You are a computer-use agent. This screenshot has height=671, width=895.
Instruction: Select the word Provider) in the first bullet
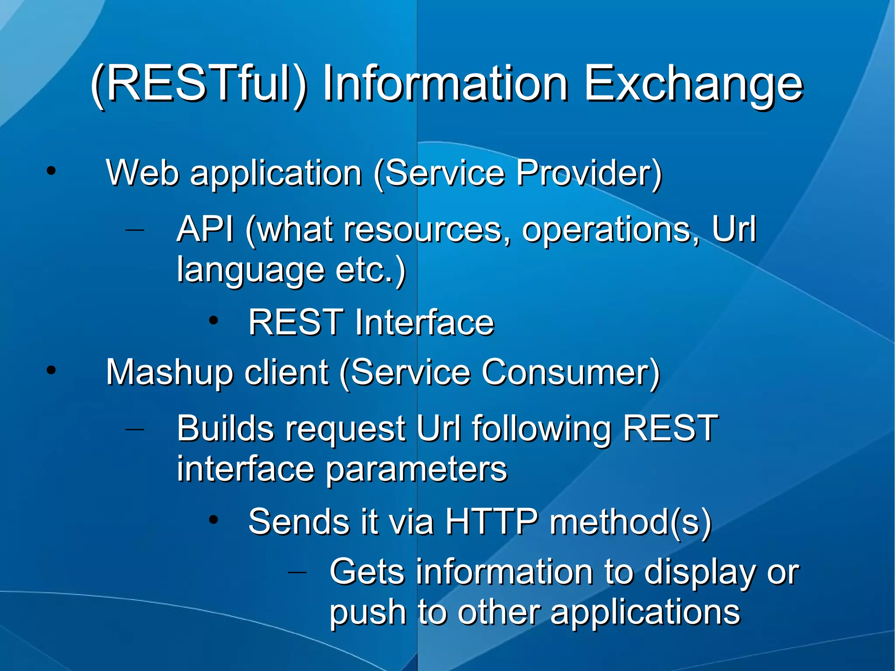click(589, 174)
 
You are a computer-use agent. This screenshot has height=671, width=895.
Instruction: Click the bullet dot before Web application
click(52, 171)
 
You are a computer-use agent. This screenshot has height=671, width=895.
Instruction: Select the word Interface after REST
click(424, 322)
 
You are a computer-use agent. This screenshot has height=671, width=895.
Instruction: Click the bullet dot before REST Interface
click(213, 321)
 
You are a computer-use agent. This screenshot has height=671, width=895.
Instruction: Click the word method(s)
click(631, 522)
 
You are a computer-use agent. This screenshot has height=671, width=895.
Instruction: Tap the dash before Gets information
click(297, 571)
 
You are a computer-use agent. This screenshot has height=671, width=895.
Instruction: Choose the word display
click(699, 573)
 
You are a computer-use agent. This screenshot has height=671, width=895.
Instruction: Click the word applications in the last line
click(645, 613)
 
